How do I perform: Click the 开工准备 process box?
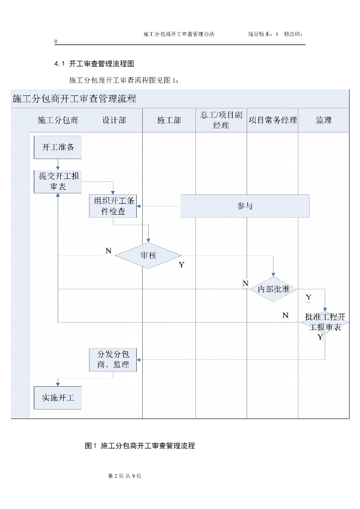pos(58,147)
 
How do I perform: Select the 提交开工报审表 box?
pos(58,181)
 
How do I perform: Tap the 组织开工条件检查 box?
pos(113,206)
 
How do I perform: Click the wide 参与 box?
pos(245,206)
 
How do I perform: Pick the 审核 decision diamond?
pos(148,255)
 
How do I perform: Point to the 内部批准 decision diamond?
pos(273,289)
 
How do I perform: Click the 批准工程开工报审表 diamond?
pos(325,323)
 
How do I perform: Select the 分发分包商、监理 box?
pos(113,359)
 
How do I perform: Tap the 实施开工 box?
pos(58,398)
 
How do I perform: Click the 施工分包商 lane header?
pos(58,120)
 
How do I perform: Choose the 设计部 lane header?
pos(114,120)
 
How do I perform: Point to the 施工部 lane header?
pos(169,120)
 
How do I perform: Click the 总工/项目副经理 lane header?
pos(221,120)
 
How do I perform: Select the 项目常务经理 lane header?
pos(272,120)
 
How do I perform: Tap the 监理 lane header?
pos(324,120)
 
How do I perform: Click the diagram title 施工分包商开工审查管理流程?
pos(74,98)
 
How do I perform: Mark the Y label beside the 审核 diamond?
pos(181,265)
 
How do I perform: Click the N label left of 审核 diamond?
pos(108,251)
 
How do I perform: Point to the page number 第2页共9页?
pos(125,476)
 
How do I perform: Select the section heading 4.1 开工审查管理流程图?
pos(94,64)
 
